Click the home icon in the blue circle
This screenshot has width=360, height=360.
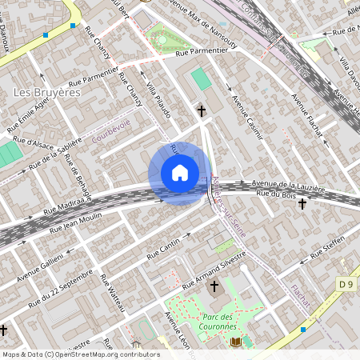coord(180,173)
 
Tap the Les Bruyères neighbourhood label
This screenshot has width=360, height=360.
coord(48,93)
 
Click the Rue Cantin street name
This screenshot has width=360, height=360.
coord(165,250)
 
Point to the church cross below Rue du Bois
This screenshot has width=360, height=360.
coord(302,204)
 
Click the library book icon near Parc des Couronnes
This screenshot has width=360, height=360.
coord(235,342)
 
